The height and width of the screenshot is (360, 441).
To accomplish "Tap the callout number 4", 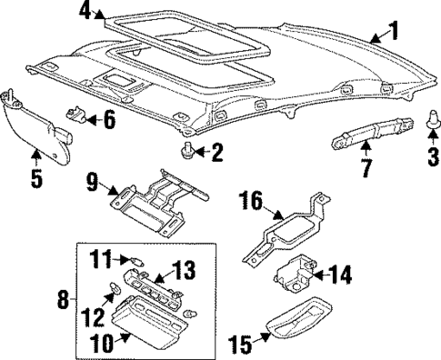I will point(85,11).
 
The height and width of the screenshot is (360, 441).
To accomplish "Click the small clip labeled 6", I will point(81,115).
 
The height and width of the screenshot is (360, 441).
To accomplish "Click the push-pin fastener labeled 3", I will point(431,118).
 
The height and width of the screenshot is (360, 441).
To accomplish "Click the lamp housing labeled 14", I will point(295,272).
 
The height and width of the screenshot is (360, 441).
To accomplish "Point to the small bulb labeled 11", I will point(134,262).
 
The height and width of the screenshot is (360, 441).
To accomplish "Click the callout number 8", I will point(62,299).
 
